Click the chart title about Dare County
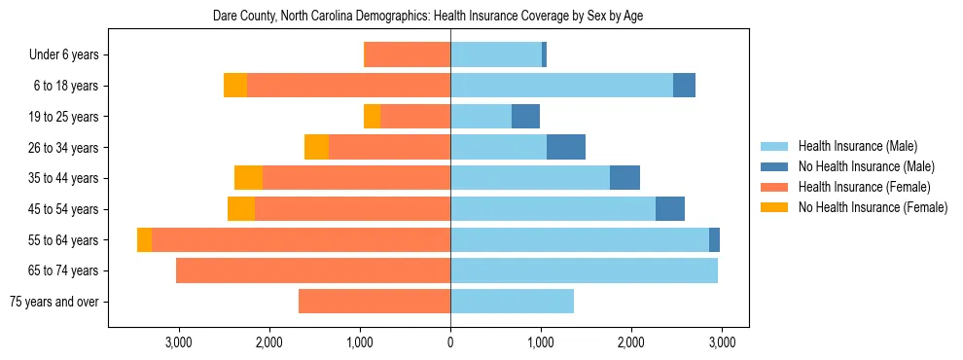coord(428,16)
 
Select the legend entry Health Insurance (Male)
coord(857,146)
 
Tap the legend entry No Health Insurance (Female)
coord(873,207)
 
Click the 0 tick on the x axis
coord(450,342)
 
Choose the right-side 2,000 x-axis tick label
coord(630,342)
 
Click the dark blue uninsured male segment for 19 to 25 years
coord(525,117)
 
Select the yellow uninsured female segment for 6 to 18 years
coord(235,86)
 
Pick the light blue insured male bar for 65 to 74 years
coord(584,270)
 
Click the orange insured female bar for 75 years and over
coord(374,302)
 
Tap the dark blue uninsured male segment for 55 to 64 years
coord(714,240)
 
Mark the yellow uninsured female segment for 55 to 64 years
coord(144,240)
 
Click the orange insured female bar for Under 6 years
coord(407,55)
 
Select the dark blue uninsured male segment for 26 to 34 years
coord(566,148)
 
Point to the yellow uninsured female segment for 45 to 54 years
coord(241,209)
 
